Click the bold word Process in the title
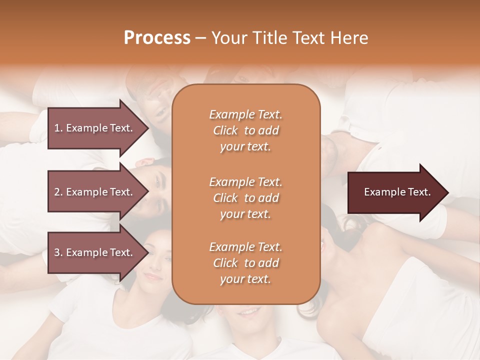click(x=157, y=38)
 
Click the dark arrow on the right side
click(x=395, y=192)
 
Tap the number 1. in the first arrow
click(x=58, y=128)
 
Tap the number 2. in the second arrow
click(x=58, y=192)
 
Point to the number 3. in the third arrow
click(x=58, y=252)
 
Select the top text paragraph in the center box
click(x=245, y=130)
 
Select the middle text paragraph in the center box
click(x=245, y=198)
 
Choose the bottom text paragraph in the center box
click(x=245, y=263)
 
